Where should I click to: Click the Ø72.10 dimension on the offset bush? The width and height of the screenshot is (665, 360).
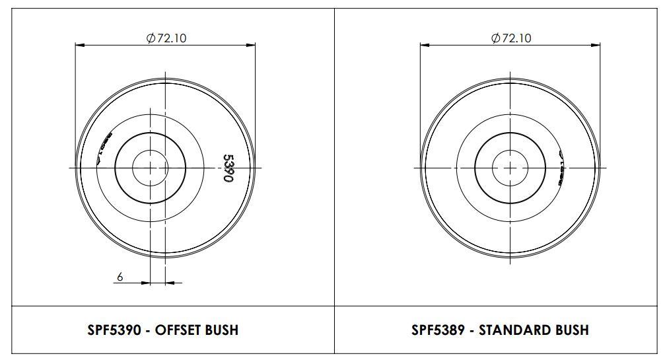tap(166, 38)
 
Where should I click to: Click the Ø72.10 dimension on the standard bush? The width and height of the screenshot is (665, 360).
tap(510, 38)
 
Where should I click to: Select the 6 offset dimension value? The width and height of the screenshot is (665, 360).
tap(120, 277)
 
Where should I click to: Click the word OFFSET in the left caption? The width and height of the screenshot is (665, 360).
tap(178, 330)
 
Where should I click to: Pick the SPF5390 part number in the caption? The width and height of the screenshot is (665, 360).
tap(114, 330)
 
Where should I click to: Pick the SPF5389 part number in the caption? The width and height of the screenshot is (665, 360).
tap(438, 330)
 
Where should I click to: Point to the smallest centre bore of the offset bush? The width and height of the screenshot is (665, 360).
tap(151, 168)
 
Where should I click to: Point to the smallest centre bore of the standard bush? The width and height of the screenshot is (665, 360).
tap(510, 168)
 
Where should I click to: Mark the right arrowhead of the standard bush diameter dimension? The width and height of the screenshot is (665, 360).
tap(597, 45)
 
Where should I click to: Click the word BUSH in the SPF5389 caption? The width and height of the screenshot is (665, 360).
tap(571, 330)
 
